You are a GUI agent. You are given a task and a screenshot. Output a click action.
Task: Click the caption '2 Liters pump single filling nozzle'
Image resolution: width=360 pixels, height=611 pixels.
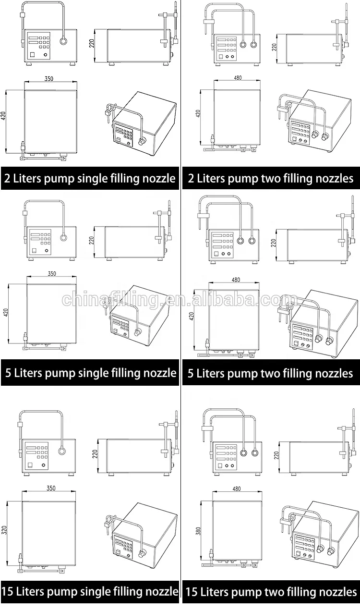click(90, 179)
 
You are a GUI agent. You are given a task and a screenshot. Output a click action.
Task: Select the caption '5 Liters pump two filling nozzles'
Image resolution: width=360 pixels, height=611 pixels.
click(270, 373)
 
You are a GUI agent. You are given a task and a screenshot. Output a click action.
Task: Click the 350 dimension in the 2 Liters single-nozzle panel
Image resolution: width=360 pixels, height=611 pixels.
click(49, 79)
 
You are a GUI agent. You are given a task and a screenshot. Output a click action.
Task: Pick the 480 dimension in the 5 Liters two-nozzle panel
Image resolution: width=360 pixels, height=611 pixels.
click(236, 280)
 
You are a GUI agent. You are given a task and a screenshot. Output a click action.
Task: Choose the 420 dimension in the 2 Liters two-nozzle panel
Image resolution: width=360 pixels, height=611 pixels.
click(198, 113)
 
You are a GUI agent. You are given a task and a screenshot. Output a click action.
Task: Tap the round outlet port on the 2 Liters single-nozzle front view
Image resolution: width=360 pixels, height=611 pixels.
click(63, 42)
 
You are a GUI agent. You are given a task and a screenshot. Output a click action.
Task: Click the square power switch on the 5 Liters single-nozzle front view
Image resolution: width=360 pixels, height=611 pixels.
click(34, 250)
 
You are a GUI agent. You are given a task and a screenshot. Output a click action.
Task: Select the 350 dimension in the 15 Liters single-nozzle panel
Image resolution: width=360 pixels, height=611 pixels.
click(51, 489)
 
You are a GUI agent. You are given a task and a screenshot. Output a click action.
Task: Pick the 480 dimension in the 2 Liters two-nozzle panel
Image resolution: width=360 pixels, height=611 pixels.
click(238, 78)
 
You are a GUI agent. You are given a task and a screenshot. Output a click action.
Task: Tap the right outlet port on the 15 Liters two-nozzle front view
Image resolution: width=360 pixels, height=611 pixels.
click(256, 452)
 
